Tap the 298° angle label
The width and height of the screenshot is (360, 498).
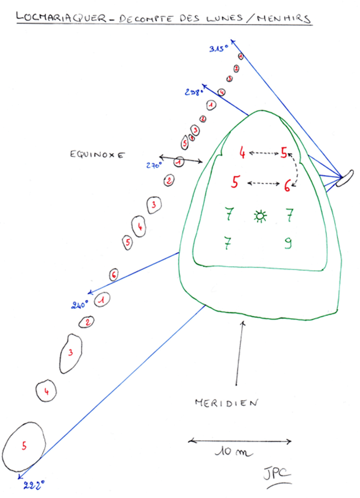[194, 91]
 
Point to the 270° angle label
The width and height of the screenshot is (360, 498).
[154, 166]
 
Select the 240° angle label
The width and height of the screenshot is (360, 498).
[79, 305]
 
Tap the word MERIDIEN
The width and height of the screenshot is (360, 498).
[226, 403]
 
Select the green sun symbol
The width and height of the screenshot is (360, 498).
[260, 215]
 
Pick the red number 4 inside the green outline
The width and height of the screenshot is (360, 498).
[242, 153]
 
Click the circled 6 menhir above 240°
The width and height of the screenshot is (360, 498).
[113, 274]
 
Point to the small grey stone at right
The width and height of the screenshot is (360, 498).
[346, 177]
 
